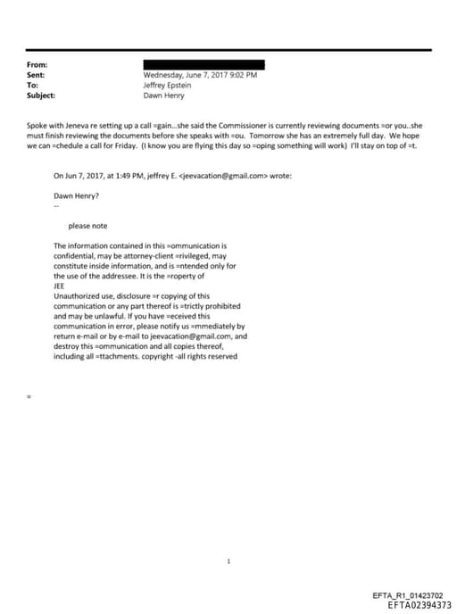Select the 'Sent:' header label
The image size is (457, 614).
[x=37, y=75]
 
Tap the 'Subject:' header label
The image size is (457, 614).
[x=41, y=95]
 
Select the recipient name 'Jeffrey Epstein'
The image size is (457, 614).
[x=167, y=85]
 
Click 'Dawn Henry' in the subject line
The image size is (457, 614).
[x=162, y=95]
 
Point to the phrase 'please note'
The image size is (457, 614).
[x=87, y=226]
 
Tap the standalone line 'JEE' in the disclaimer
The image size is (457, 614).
[x=60, y=286]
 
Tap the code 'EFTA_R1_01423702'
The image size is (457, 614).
[x=412, y=595]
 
